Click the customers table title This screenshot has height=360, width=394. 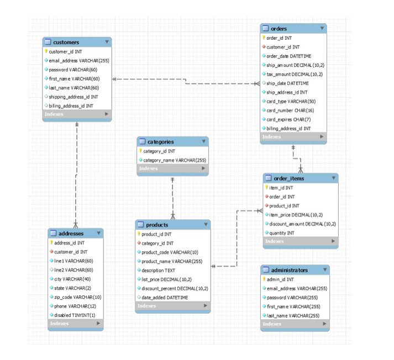pos(66,42)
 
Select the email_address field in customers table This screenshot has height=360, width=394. pos(78,61)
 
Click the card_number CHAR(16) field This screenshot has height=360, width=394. pos(290,110)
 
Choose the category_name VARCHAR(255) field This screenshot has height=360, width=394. pos(174,160)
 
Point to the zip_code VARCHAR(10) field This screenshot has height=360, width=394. pos(77,297)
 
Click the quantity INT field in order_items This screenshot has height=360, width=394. pos(281,233)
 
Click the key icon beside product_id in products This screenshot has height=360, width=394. pos(139,234)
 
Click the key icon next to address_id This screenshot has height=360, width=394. pos(51,242)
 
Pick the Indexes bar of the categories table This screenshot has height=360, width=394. pos(172,168)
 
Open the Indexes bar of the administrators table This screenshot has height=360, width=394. pos(295,324)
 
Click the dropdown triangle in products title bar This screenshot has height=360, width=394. pos(206,225)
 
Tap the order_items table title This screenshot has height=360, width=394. pos(288,178)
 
